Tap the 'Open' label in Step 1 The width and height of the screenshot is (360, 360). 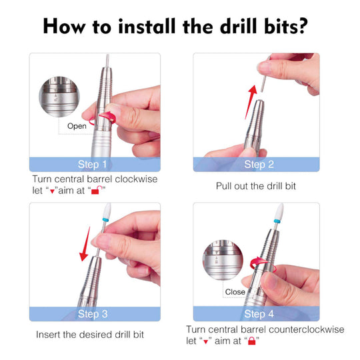tap(77, 125)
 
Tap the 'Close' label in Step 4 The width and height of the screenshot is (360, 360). tap(235, 292)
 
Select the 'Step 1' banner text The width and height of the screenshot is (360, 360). tap(93, 165)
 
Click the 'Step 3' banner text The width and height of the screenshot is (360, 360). tap(93, 314)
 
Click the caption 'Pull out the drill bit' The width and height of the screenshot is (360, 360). tap(255, 186)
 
